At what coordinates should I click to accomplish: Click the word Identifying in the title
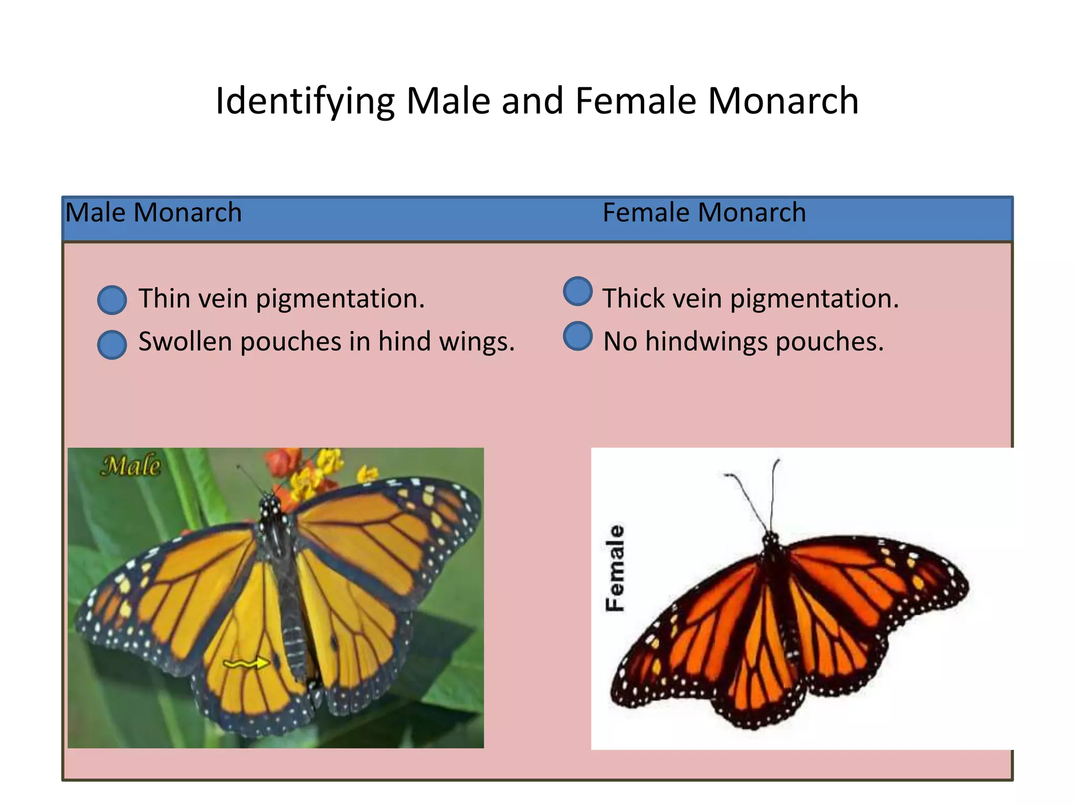(x=305, y=101)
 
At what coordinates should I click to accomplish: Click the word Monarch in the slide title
(x=783, y=101)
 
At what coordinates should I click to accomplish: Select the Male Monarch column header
(x=153, y=213)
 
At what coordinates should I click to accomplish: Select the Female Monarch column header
(x=704, y=213)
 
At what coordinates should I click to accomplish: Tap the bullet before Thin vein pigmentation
(x=112, y=300)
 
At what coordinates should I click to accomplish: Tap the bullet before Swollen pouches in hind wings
(x=112, y=345)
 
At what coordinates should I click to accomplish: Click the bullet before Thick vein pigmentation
(x=577, y=291)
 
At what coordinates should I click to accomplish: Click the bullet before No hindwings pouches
(x=577, y=336)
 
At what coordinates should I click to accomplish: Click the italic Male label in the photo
(x=131, y=465)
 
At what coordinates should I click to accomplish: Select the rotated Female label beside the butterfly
(x=615, y=568)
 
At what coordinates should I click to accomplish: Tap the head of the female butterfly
(x=771, y=538)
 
